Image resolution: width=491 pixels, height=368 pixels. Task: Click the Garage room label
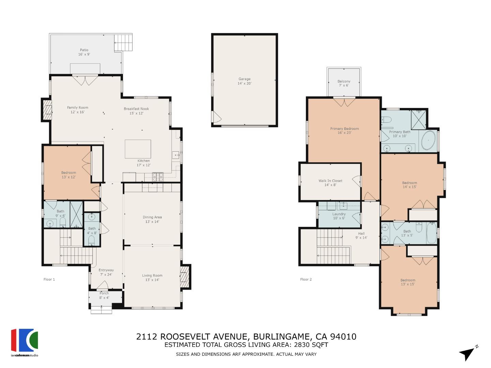[244, 79]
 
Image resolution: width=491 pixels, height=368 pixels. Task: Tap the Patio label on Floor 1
[84, 50]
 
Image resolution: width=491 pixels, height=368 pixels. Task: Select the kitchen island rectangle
[137, 149]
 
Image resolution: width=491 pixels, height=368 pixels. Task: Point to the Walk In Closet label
[330, 181]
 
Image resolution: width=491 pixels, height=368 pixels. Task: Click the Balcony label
[344, 81]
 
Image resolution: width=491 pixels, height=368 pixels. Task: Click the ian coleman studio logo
[25, 342]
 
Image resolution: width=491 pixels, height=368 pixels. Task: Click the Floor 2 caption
[306, 279]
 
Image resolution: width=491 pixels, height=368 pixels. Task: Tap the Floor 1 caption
[49, 279]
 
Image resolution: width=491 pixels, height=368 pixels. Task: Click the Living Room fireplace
[184, 276]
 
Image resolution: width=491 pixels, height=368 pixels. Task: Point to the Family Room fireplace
[47, 110]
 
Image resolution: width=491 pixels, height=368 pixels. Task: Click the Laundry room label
[339, 214]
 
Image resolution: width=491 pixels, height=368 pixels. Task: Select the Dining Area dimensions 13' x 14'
[152, 221]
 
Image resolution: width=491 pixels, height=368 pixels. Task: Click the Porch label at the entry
[104, 293]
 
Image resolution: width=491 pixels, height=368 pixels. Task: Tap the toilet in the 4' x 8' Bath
[91, 240]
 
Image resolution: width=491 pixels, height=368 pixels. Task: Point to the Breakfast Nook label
[136, 109]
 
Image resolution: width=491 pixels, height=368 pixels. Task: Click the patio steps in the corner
[123, 43]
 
